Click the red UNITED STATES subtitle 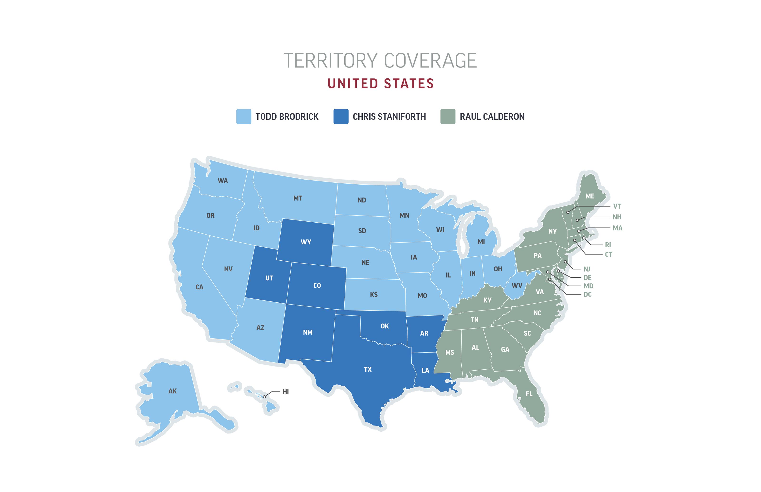tap(380, 84)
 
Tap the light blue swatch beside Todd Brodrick tap(244, 117)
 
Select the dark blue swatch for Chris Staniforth tap(341, 117)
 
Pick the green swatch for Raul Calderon tap(448, 117)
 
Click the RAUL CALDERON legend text tap(492, 117)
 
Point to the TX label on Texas tap(368, 370)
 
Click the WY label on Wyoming tap(306, 242)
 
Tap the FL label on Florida tap(529, 394)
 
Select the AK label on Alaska tap(172, 391)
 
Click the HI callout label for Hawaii tap(286, 392)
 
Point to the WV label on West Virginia tap(517, 286)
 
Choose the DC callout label tap(587, 295)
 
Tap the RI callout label tap(608, 245)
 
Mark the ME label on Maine tap(590, 196)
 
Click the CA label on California tap(199, 287)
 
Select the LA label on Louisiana tap(425, 371)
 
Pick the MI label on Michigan tap(481, 242)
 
